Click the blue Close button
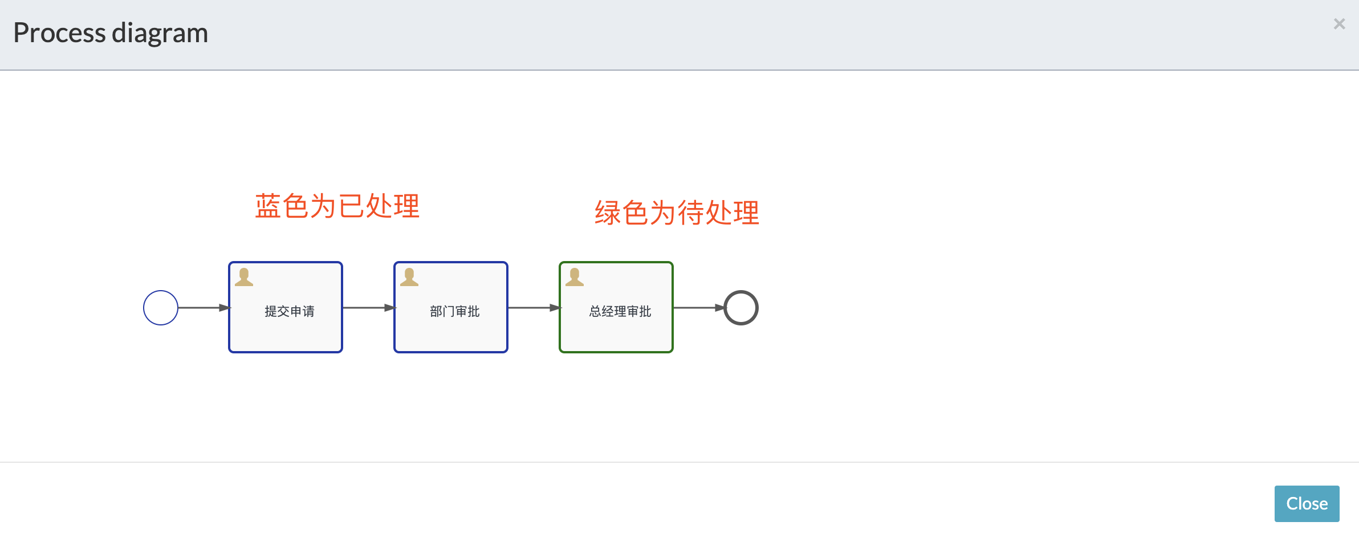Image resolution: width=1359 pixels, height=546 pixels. coord(1307,504)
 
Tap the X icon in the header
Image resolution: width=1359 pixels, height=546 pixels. coord(1339,24)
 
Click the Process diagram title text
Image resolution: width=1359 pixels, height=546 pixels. coord(111,33)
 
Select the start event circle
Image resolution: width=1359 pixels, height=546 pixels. coord(161,308)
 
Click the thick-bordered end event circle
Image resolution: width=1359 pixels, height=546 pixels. coord(740,308)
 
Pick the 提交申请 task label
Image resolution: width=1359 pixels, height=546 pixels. coord(290,311)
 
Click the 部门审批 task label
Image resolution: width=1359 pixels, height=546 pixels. coord(455,311)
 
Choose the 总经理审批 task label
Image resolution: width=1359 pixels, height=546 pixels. coord(620,311)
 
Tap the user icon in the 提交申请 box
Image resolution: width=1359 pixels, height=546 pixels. coord(244,277)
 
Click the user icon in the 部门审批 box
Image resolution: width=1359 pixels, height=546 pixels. coord(409,277)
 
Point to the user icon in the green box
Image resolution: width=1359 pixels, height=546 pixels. coord(575,277)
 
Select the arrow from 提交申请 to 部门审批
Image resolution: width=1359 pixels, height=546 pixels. coord(368,308)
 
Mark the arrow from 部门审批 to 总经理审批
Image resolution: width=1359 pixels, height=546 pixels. coord(534,308)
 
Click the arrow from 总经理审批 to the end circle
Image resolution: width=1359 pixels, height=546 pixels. coord(699,308)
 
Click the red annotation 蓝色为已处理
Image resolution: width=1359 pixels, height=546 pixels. coord(337,206)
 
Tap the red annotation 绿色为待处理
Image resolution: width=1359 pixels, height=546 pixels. coord(677,213)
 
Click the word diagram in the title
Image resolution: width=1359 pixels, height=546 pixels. coord(160,33)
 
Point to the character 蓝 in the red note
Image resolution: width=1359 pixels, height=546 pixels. coord(268,206)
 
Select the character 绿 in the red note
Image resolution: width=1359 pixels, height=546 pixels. coord(608,213)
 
